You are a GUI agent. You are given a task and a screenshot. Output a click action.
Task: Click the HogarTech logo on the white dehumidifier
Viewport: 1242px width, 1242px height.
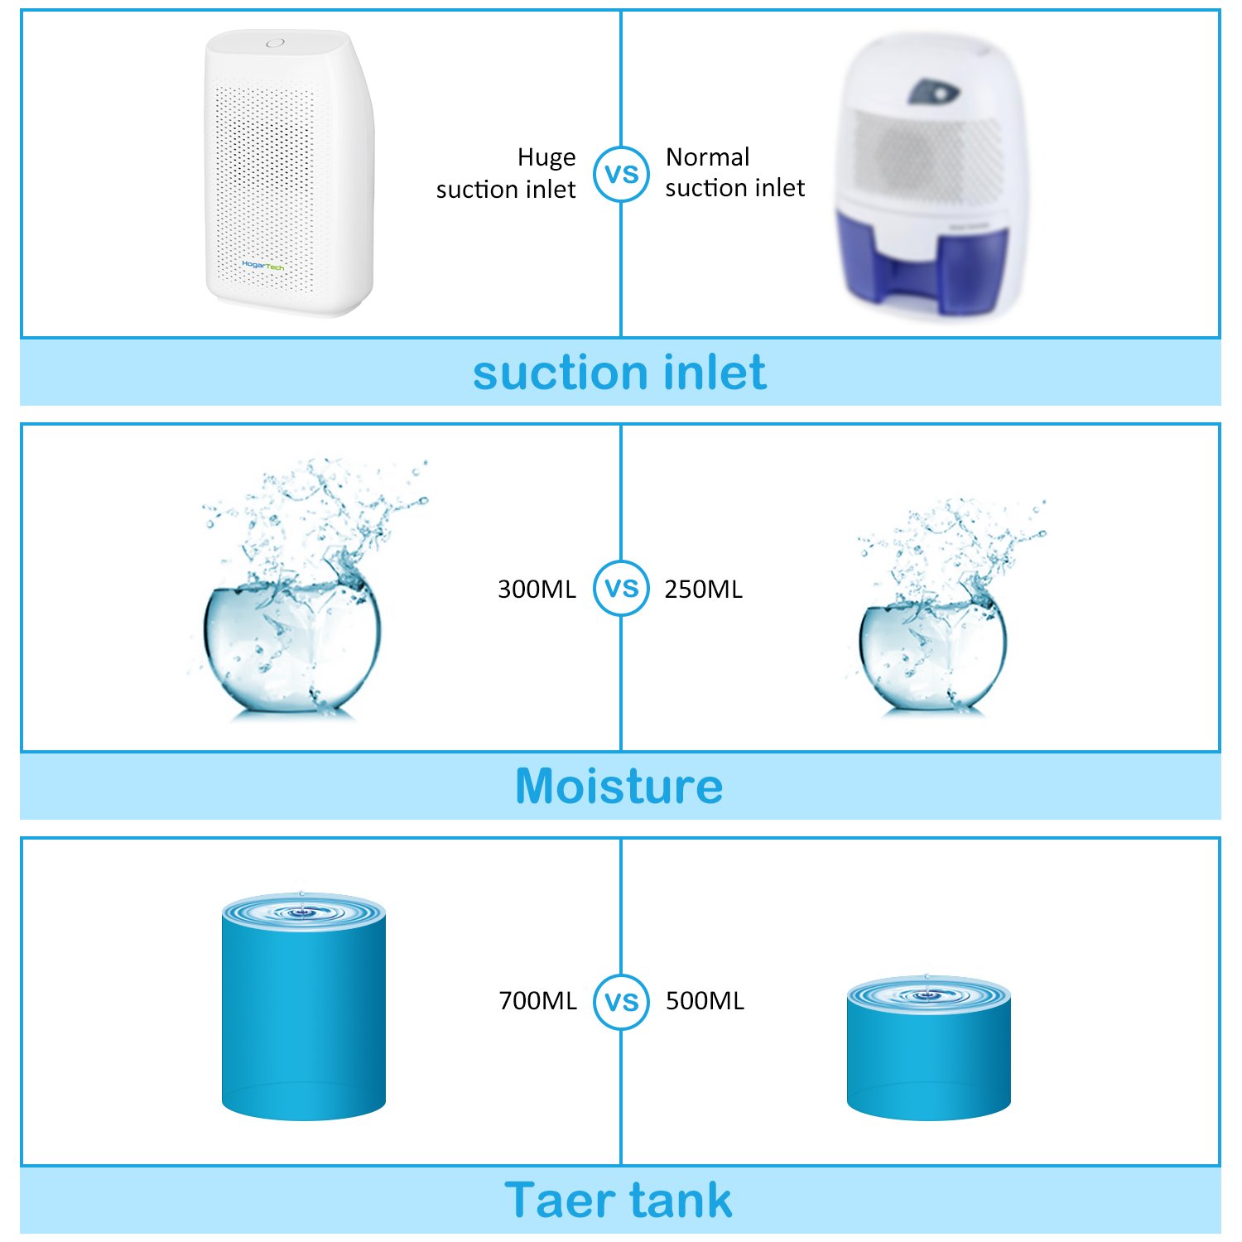(x=263, y=266)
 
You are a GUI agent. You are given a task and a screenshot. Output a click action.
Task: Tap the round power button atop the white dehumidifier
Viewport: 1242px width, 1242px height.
(x=275, y=43)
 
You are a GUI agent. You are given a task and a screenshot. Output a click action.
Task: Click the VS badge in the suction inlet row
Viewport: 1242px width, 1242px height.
(x=621, y=174)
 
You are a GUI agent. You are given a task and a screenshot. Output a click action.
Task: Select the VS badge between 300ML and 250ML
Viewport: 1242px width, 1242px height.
(x=621, y=588)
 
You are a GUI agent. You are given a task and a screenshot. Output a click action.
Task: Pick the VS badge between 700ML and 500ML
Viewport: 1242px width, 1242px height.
(x=621, y=1001)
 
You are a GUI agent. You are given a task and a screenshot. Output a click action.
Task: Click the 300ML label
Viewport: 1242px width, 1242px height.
(x=537, y=590)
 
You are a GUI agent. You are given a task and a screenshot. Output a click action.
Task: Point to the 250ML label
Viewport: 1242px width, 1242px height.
(x=704, y=590)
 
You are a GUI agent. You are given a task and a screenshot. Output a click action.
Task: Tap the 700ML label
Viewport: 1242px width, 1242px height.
(x=537, y=1001)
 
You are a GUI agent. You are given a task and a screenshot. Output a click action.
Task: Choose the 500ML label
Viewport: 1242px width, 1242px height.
(x=705, y=1001)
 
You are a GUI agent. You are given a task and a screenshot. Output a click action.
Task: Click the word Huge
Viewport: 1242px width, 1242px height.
(x=546, y=157)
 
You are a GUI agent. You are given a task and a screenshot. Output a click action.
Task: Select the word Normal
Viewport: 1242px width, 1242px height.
(x=708, y=156)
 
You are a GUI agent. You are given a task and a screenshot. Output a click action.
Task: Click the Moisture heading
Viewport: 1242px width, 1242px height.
(x=619, y=786)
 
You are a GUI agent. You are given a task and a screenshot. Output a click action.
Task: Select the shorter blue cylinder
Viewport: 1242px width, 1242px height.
(x=928, y=1052)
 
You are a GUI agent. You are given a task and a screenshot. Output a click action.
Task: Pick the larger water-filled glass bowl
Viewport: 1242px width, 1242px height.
(x=291, y=646)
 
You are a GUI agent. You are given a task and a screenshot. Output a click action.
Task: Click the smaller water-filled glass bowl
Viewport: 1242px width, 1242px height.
(x=933, y=654)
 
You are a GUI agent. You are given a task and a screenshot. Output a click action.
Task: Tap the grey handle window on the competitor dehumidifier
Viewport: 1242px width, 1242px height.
(x=932, y=92)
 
